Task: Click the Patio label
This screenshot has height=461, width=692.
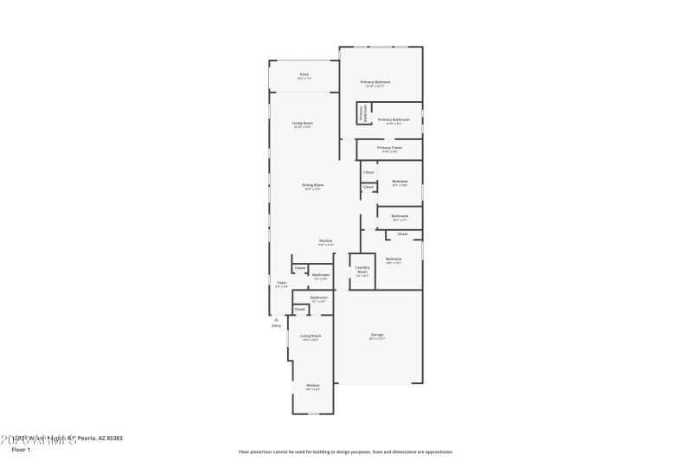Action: [304, 74]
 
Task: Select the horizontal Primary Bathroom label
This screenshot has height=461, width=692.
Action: [394, 119]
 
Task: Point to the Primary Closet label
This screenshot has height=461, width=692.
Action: [389, 148]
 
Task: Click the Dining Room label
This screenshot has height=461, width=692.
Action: [312, 185]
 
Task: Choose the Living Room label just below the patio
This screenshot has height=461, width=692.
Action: [302, 124]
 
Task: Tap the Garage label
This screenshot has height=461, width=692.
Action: [377, 335]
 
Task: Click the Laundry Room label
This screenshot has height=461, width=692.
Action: [362, 271]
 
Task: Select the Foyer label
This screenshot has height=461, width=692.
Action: [281, 283]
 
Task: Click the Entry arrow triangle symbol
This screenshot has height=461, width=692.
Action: [277, 318]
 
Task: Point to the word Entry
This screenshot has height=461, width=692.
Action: [277, 325]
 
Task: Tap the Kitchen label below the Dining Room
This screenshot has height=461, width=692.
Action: [326, 240]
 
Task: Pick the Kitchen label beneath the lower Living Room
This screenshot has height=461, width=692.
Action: [312, 385]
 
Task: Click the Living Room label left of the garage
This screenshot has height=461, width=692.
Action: [310, 336]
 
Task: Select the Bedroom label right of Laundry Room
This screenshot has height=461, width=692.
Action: [394, 259]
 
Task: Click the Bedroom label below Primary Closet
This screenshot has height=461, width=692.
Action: [399, 181]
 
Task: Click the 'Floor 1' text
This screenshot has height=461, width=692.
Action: [20, 450]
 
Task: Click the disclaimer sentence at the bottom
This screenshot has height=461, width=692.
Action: [345, 451]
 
